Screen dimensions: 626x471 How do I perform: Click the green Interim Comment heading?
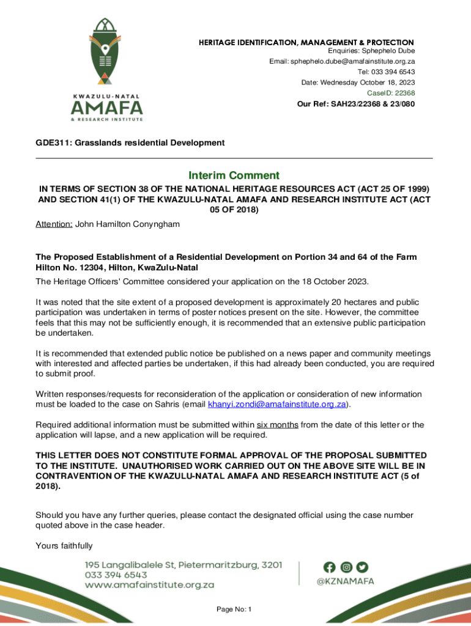234,175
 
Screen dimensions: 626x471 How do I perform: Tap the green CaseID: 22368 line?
391,93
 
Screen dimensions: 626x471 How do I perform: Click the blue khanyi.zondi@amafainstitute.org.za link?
277,405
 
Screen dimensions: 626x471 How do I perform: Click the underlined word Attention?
54,224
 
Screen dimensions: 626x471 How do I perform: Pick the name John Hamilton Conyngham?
127,224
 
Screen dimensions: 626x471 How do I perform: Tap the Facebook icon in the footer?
330,567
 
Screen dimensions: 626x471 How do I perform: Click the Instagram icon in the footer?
346,567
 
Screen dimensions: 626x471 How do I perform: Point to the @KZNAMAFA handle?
345,582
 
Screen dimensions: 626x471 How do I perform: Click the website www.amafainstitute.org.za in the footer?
149,585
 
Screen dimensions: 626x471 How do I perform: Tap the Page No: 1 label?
234,609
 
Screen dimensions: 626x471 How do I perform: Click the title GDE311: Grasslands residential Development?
130,143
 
